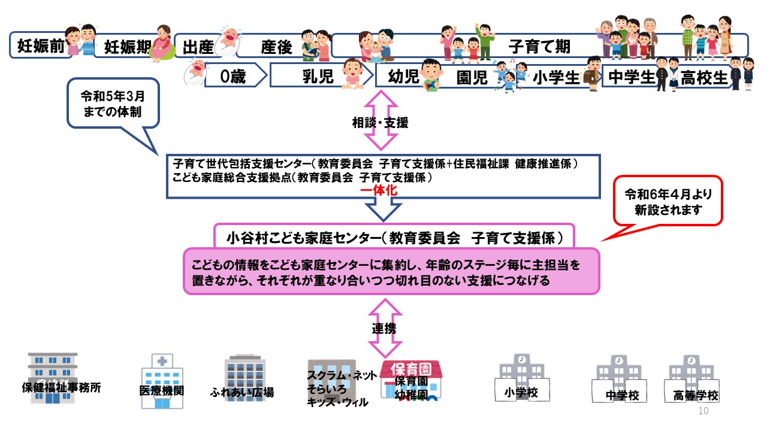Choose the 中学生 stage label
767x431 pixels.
click(x=632, y=77)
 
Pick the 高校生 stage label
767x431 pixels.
click(x=704, y=77)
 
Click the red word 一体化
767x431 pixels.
click(x=379, y=190)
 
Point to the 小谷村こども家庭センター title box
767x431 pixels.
click(x=394, y=237)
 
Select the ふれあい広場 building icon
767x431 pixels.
click(x=243, y=377)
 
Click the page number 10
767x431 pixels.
click(x=703, y=411)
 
